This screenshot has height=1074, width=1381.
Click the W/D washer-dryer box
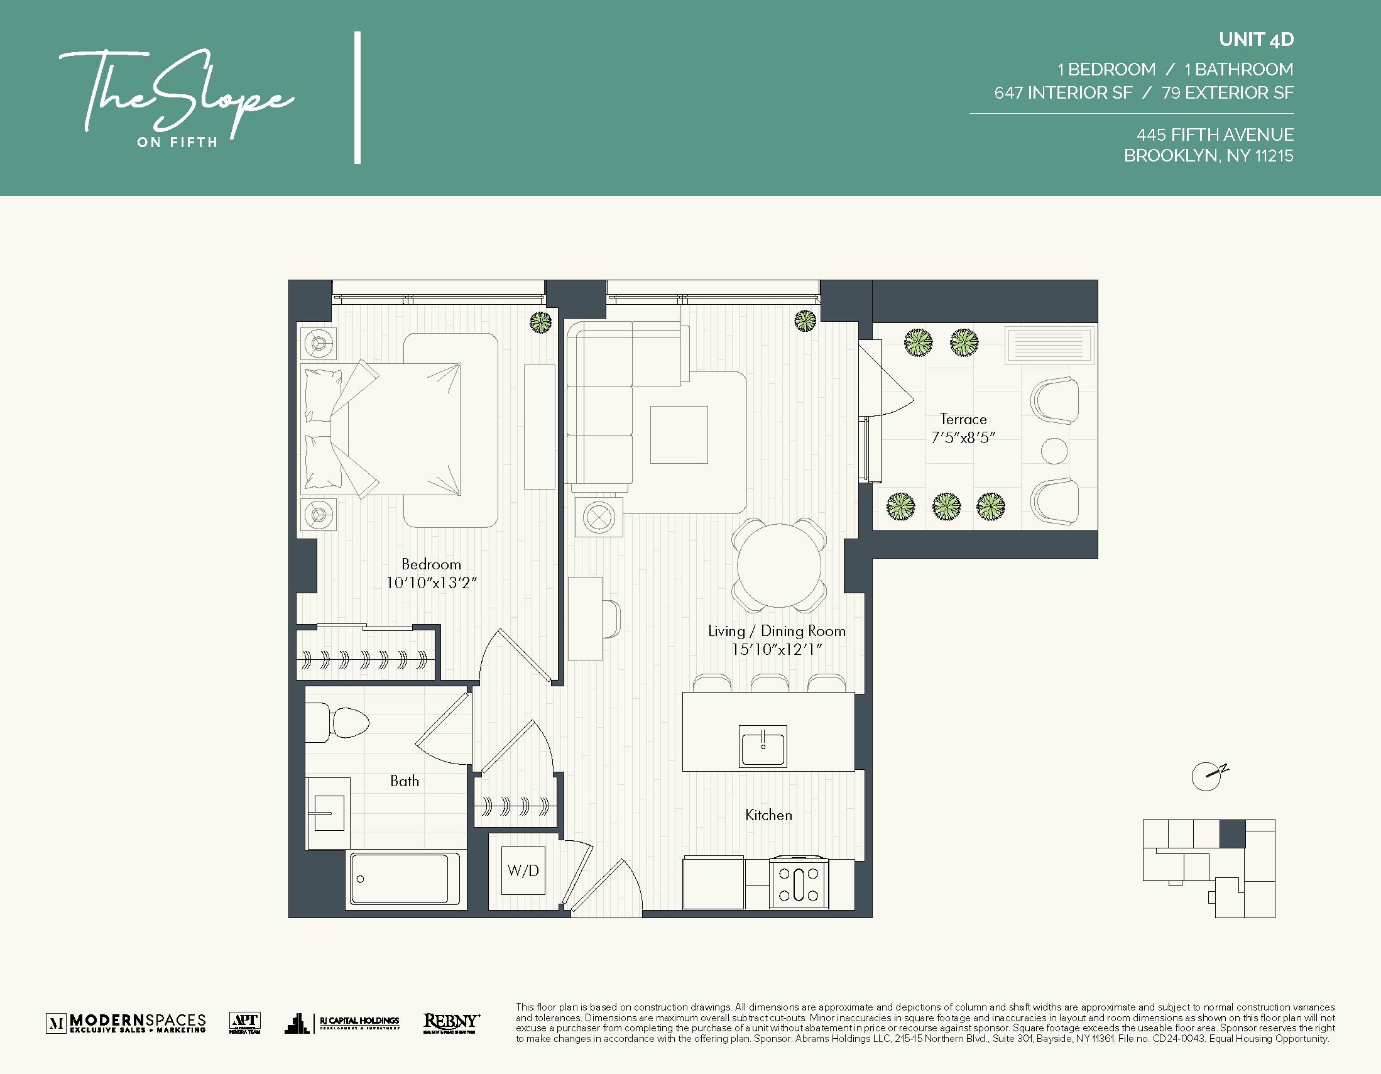[523, 870]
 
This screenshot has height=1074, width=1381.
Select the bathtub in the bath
[399, 879]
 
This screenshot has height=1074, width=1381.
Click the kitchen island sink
[763, 746]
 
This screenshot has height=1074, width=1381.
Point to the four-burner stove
[799, 884]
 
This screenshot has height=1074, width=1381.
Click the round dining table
[779, 566]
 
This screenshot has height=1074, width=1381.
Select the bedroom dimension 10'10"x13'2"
[430, 583]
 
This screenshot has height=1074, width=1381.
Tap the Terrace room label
[963, 419]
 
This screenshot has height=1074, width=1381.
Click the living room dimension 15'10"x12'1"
[776, 650]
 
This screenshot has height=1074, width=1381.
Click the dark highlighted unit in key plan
[1231, 833]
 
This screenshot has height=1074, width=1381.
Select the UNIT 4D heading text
[1256, 39]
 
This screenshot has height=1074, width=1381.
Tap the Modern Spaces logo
[126, 1022]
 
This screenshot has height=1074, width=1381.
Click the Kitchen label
[768, 815]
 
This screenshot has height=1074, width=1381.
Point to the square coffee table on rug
[679, 434]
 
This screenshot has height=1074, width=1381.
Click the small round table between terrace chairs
[1054, 451]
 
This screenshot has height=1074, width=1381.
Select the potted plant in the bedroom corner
[540, 322]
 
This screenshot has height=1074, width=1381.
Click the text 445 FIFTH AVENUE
[1215, 134]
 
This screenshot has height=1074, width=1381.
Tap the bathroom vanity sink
[327, 812]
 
